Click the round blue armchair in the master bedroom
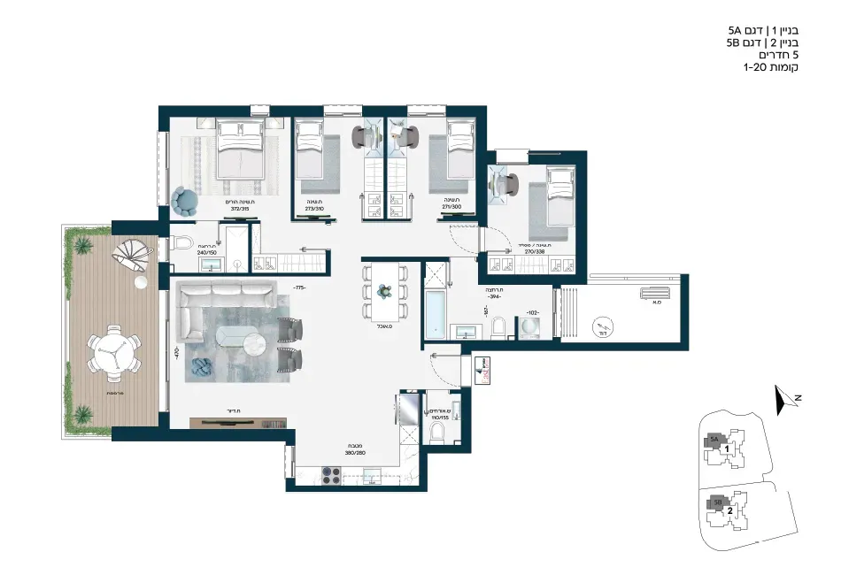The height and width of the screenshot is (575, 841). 187,201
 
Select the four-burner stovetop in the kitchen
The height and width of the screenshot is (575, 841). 329,476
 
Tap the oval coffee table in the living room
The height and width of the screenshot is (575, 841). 241,340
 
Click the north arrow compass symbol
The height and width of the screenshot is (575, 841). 780,401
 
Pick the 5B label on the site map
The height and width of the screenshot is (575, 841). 715,502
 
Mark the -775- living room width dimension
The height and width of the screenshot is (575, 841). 299,288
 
